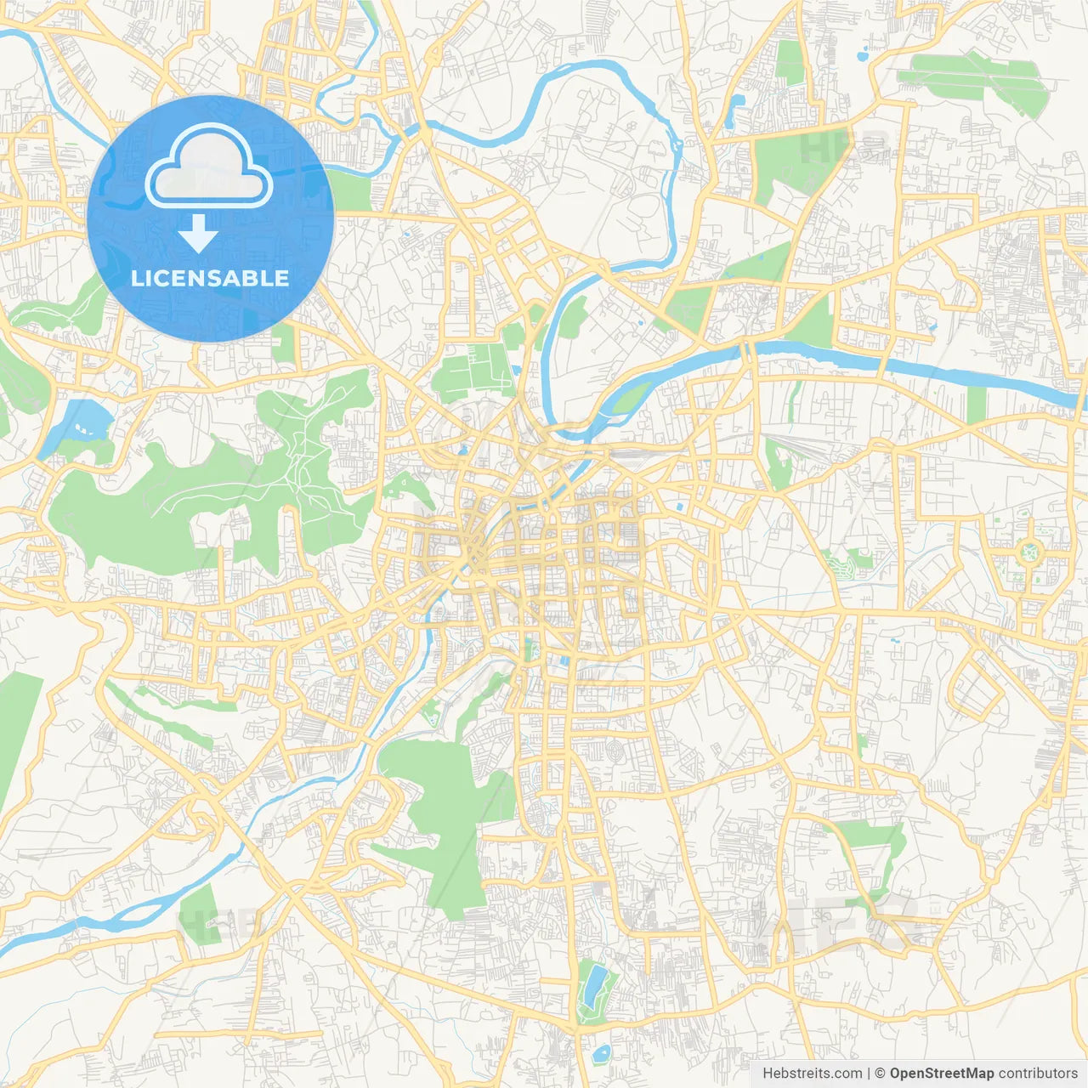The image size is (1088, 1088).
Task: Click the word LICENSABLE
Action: pos(210,278)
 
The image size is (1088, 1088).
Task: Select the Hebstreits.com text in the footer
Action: pos(812,1074)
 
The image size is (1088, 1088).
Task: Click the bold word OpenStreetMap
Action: pos(941,1074)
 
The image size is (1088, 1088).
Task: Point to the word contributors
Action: pos(1038,1074)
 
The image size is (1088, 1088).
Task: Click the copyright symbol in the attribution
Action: pos(880,1074)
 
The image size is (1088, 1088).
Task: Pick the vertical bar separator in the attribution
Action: pos(869,1074)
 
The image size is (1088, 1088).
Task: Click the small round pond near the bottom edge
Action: pos(603,1054)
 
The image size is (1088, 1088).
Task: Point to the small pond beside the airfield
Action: pos(864,58)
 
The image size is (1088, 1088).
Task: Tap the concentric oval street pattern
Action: pos(614,751)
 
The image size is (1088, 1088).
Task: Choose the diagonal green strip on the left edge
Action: pos(17,731)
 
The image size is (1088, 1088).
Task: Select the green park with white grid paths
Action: pos(470,371)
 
